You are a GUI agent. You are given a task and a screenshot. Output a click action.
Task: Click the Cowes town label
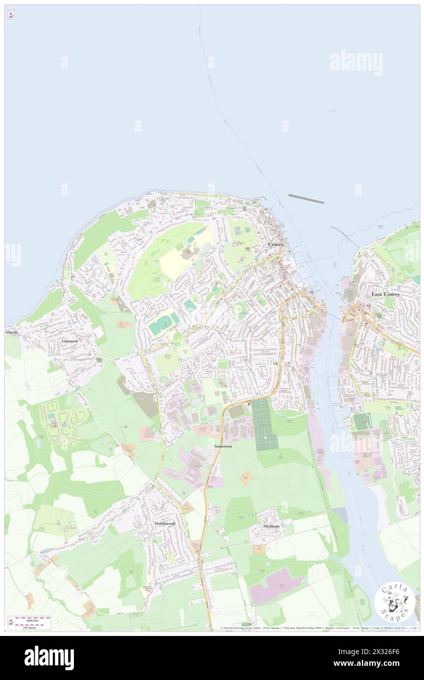coord(276,244)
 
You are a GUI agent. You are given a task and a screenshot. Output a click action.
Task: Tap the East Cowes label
coord(385,294)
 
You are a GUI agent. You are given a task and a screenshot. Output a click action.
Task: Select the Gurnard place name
coord(70,340)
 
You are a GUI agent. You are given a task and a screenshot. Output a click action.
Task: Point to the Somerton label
coord(223,447)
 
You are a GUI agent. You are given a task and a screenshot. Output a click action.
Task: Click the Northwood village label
coord(165,523)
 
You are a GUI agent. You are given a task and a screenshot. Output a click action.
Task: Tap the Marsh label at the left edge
coord(11,332)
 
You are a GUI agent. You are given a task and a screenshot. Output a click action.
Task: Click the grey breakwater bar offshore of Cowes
coord(306,199)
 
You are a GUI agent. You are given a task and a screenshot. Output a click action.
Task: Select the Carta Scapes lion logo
coord(395,602)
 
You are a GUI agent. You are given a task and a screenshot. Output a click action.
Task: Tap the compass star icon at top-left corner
coord(11,15)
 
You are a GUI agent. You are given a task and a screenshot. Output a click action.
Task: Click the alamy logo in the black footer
coord(49,657)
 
